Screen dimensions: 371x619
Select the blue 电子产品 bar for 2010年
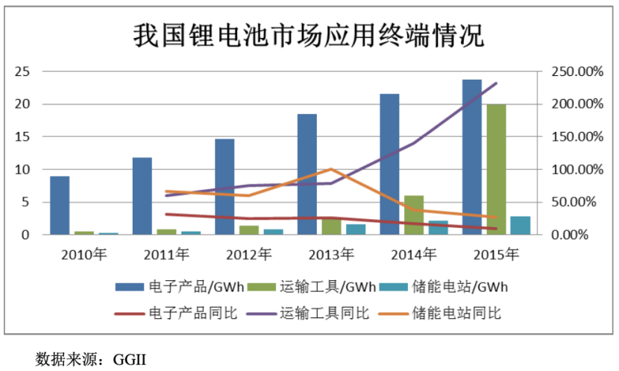coord(60,206)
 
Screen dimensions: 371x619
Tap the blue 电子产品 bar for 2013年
coord(307,174)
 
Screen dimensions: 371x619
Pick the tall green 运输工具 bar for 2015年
coord(496,170)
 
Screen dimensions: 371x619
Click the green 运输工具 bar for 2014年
coord(414,215)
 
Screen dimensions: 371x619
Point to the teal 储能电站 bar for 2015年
coord(520,226)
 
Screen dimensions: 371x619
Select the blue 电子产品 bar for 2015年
coord(472,157)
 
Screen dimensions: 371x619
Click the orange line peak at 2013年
coord(330,169)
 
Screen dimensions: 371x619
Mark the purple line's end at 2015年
coord(496,83)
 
